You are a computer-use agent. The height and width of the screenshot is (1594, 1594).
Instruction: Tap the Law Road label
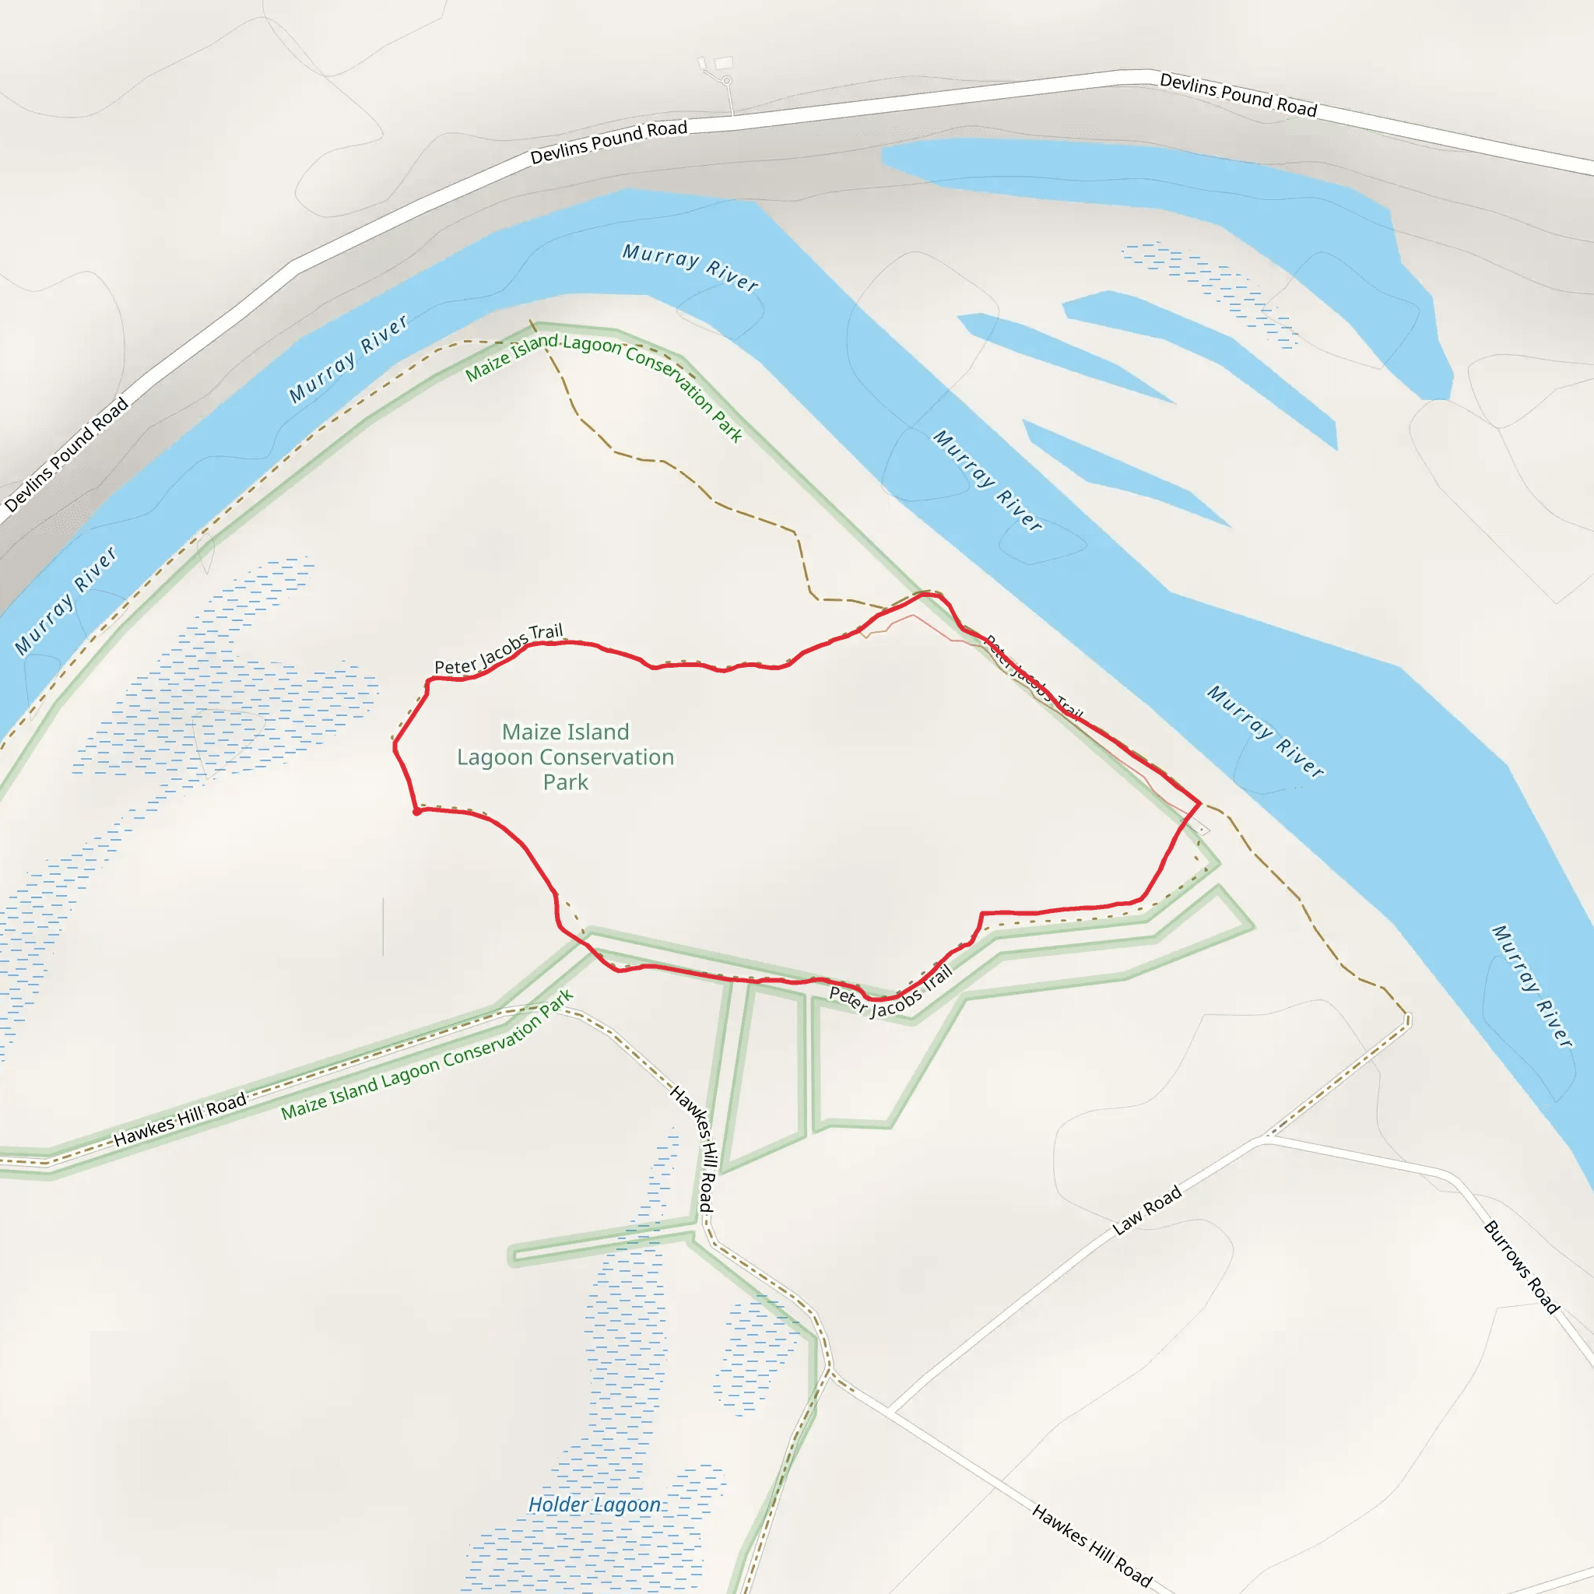coord(1146,1210)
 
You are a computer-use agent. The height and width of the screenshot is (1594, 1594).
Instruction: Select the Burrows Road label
coord(1522,1266)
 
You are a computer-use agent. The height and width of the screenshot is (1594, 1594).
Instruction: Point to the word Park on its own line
coord(565,782)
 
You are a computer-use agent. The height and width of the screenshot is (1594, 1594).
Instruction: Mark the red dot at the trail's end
coord(417,812)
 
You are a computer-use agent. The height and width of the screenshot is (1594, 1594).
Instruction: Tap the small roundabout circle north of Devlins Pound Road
coord(727,81)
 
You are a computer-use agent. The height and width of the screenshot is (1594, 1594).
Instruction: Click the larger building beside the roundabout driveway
coord(724,63)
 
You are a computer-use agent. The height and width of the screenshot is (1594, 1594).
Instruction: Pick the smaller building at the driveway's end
coord(702,64)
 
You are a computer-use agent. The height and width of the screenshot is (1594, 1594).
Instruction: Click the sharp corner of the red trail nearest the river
coord(1199,802)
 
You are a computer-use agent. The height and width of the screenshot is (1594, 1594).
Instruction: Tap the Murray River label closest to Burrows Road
coord(1531,987)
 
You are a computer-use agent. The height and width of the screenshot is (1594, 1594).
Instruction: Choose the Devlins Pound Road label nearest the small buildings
coord(608,141)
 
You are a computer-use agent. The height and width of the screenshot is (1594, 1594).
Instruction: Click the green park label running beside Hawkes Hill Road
coord(427,1056)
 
